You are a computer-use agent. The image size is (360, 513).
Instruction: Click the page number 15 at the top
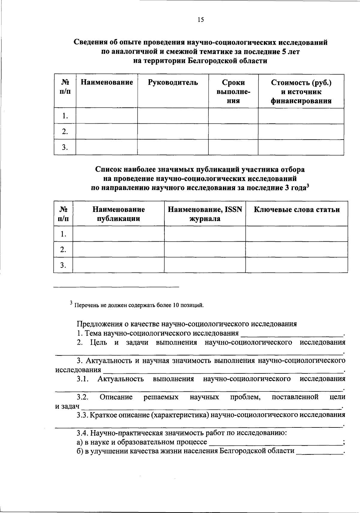tap(201, 20)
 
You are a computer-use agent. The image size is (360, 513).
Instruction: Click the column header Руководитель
tap(173, 83)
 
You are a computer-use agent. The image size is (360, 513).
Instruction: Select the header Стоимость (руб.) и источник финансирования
tap(301, 92)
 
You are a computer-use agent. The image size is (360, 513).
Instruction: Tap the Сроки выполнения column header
tap(233, 92)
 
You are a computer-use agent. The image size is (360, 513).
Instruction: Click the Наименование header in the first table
tap(107, 83)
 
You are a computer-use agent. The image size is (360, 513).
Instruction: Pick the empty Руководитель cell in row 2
tap(173, 131)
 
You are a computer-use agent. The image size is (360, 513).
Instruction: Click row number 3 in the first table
tap(65, 147)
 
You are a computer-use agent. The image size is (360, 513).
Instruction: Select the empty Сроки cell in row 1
tap(233, 116)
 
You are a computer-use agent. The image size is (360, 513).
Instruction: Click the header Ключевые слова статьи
tap(296, 210)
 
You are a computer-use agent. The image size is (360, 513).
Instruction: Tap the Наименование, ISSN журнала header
tap(205, 214)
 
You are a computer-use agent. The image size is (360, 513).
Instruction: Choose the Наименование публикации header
tap(118, 214)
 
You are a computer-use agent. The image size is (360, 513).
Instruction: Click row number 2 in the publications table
tap(63, 249)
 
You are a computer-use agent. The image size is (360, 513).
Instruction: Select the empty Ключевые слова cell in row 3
tap(296, 265)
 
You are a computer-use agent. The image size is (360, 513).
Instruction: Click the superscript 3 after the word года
tap(307, 186)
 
